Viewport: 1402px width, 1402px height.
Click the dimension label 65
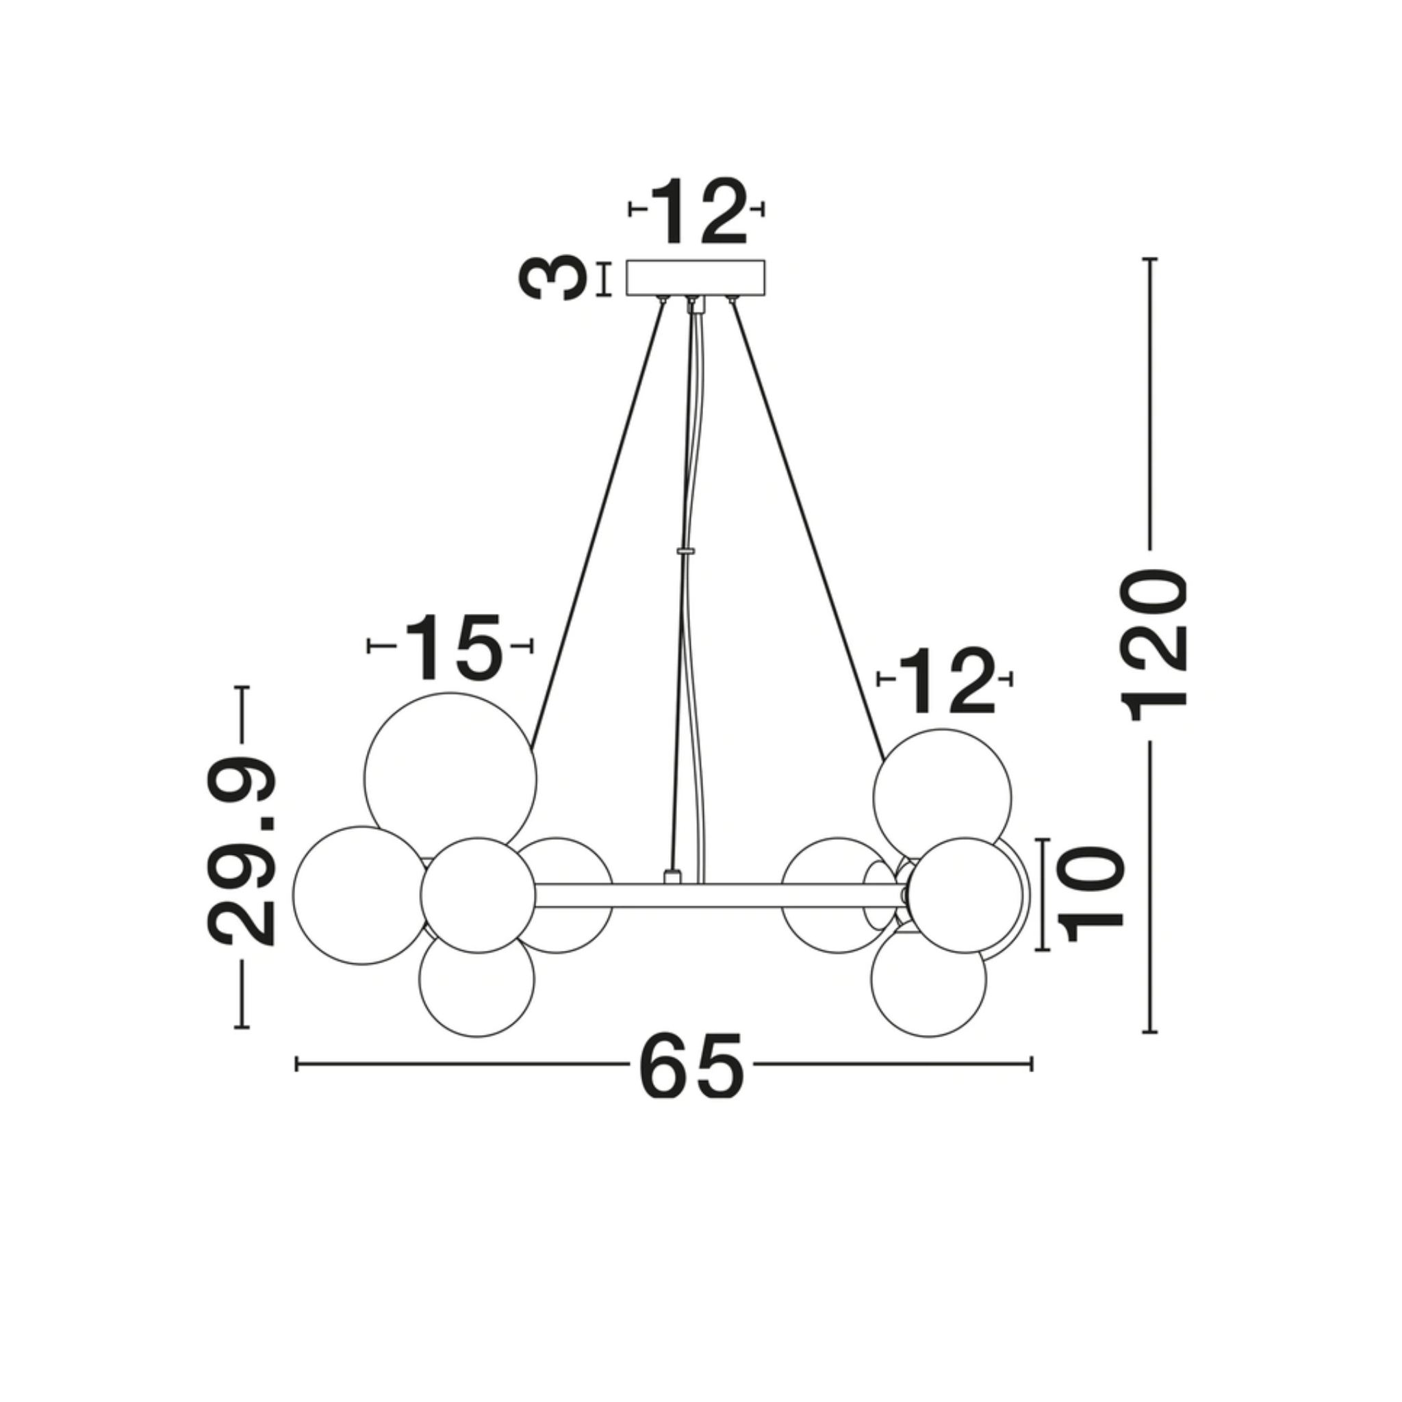click(691, 1065)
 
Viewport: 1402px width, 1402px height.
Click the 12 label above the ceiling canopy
click(698, 210)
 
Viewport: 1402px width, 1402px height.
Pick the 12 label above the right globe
click(946, 680)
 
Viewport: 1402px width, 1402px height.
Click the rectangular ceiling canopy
click(696, 278)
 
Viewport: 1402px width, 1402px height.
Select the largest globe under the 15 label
click(450, 779)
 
